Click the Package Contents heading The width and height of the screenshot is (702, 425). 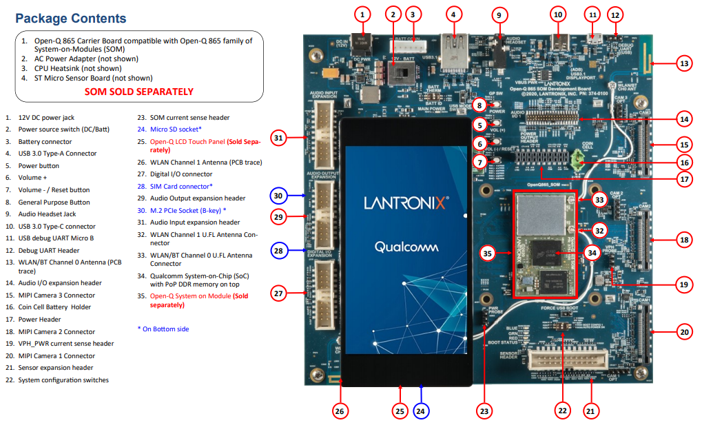click(x=70, y=19)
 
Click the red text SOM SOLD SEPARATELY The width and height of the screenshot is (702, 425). click(x=138, y=92)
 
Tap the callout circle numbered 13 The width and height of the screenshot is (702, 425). click(x=683, y=63)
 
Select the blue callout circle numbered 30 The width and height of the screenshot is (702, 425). click(x=278, y=196)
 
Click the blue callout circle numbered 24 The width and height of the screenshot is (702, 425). click(x=422, y=411)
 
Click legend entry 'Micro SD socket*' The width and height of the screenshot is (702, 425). click(x=176, y=129)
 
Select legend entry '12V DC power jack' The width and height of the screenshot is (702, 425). click(x=47, y=118)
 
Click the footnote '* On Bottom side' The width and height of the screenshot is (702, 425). click(x=163, y=329)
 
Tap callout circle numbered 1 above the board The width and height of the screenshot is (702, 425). click(x=363, y=13)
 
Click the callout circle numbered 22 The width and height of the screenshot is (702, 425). click(x=563, y=411)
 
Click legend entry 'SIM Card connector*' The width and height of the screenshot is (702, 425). click(x=180, y=186)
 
